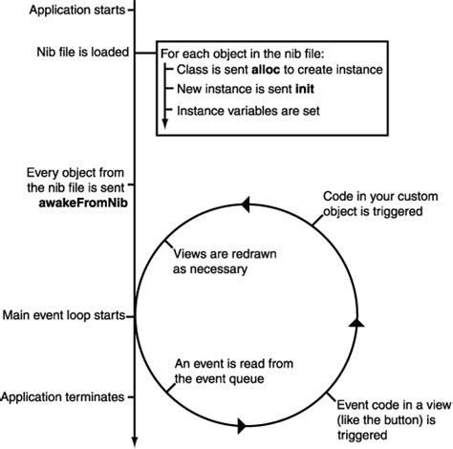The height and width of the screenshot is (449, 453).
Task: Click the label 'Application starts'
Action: (62, 11)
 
